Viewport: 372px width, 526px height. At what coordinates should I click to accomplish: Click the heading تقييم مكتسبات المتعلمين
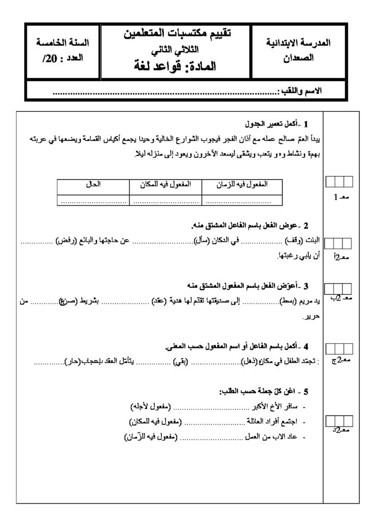click(178, 33)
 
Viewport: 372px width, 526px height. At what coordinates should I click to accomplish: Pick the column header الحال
click(93, 183)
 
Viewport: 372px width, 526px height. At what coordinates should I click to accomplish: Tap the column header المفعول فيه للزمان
click(237, 183)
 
